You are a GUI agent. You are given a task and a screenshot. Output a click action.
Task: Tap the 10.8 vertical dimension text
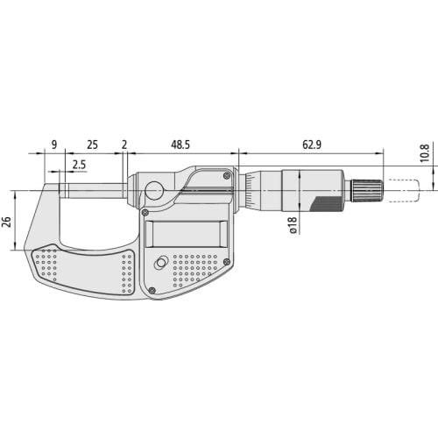click(x=424, y=152)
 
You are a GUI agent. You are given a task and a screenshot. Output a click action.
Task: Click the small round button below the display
click(x=161, y=264)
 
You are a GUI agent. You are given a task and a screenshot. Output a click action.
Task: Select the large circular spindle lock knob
click(x=155, y=190)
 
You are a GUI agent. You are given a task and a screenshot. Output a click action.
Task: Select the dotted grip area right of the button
click(x=197, y=270)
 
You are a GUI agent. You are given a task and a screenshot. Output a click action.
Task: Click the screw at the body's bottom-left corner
click(x=152, y=290)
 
